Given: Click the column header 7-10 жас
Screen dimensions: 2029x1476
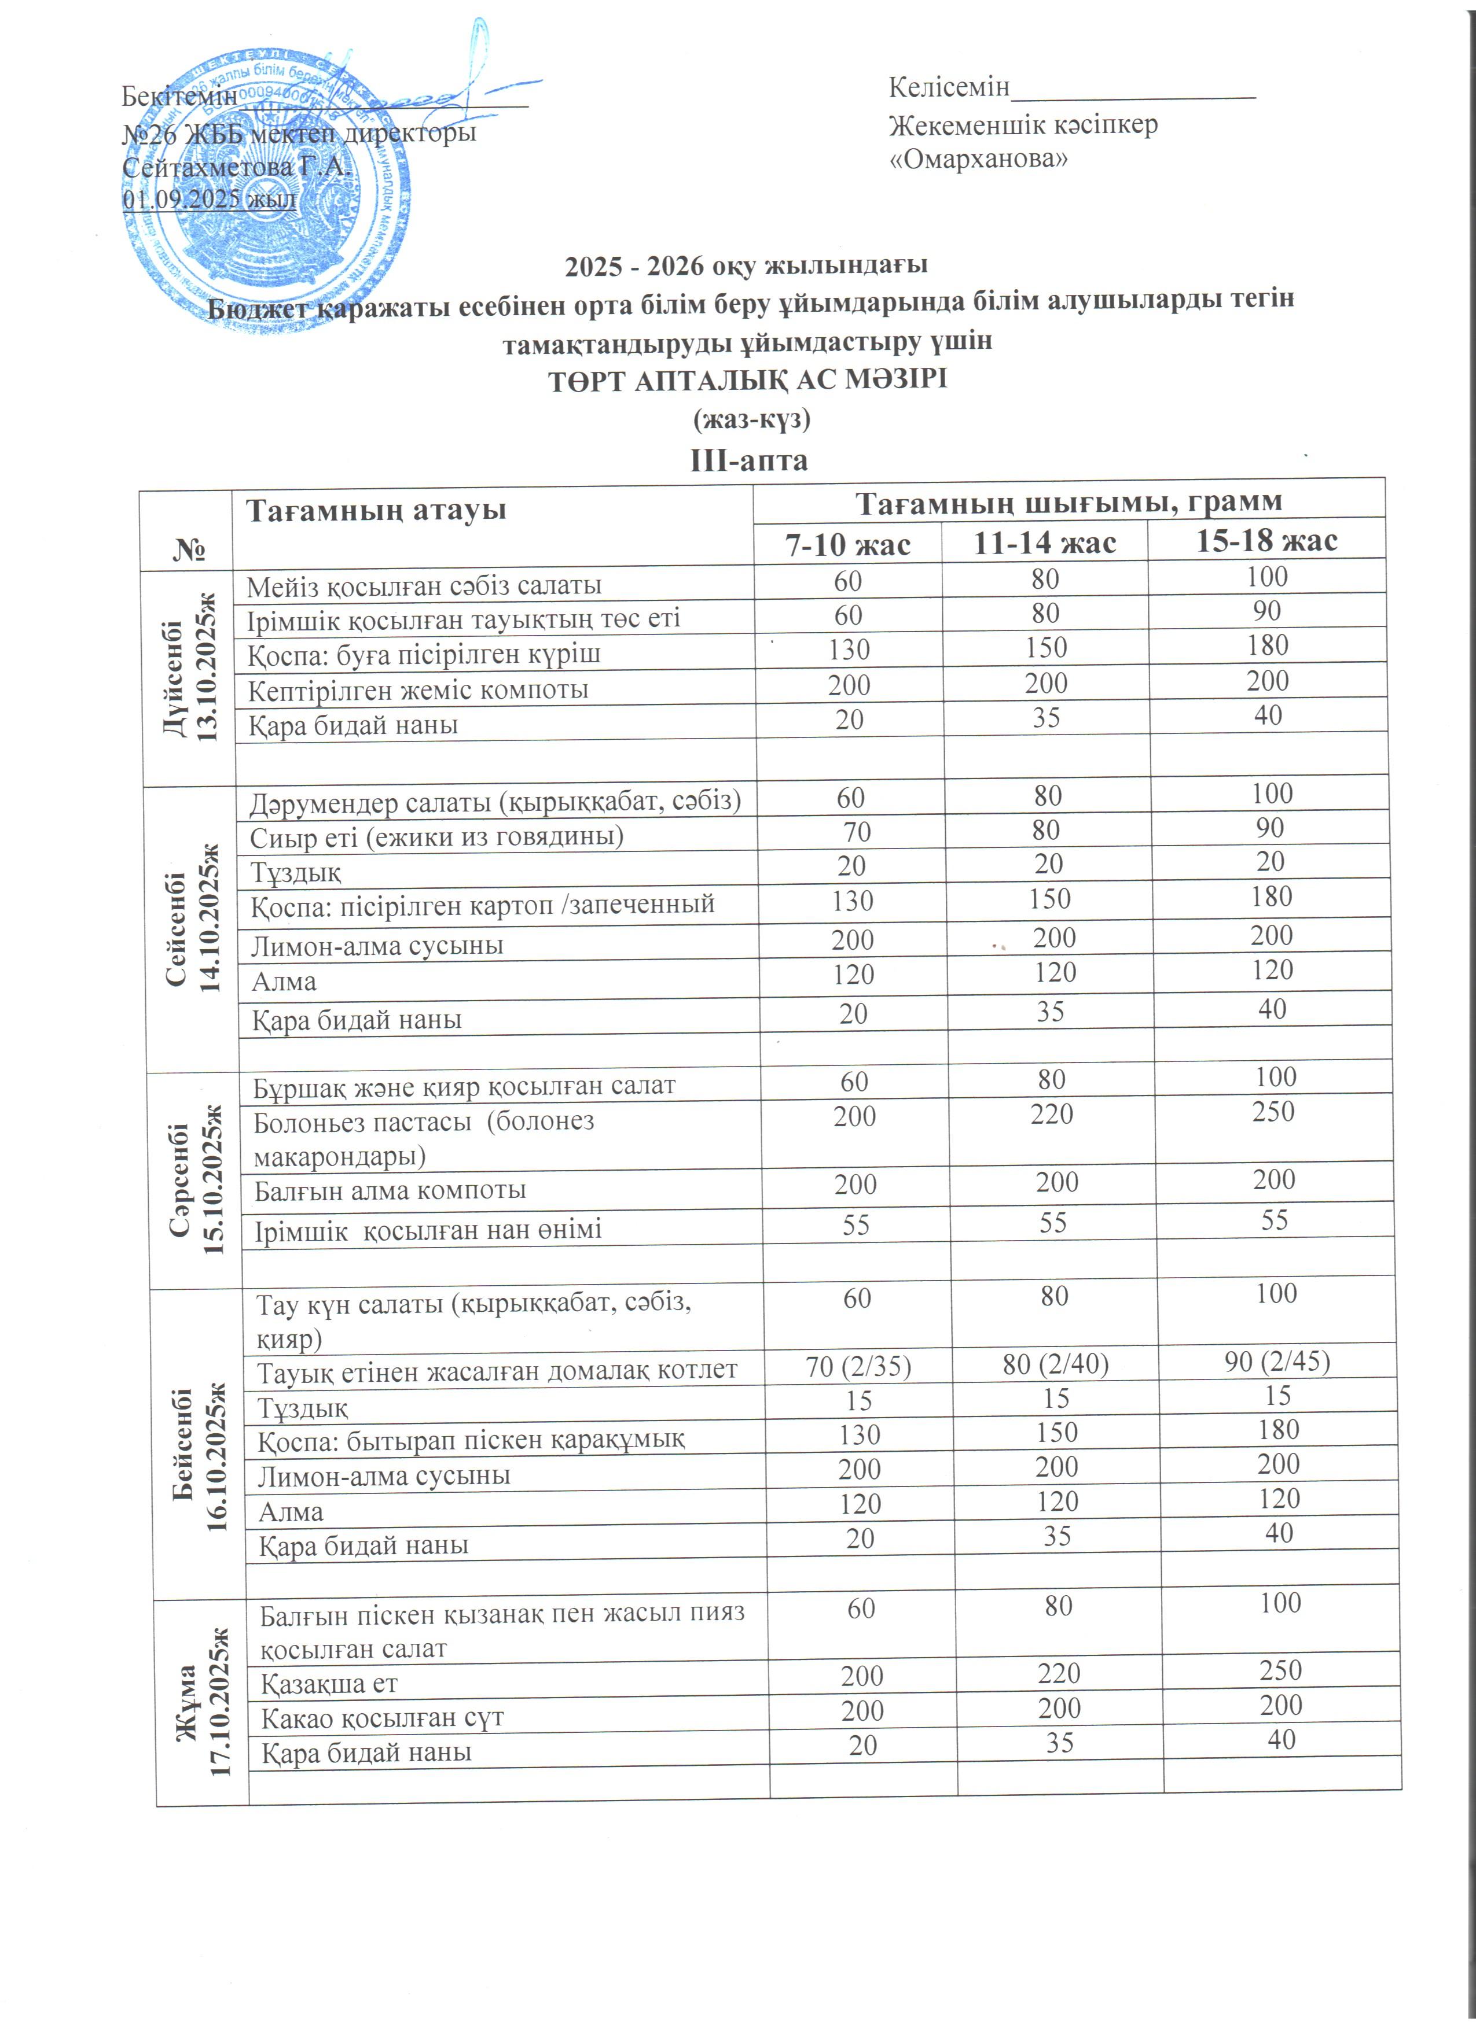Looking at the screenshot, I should [847, 544].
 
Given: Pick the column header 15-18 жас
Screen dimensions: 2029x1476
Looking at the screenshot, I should [1266, 540].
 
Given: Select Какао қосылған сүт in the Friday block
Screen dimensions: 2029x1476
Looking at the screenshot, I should [382, 1718].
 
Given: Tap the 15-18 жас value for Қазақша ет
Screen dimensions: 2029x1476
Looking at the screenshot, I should [1281, 1670].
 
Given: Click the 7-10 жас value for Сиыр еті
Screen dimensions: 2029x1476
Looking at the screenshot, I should [857, 832].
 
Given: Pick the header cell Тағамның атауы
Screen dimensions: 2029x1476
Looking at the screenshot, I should [376, 510].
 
